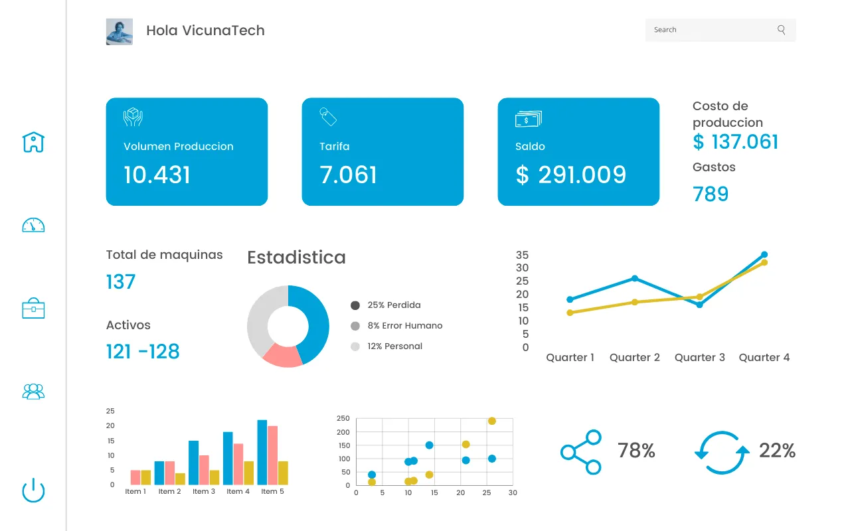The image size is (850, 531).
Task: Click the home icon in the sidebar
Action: pyautogui.click(x=33, y=141)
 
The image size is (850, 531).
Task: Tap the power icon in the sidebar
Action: pyautogui.click(x=33, y=491)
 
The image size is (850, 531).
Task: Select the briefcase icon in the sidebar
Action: pyautogui.click(x=33, y=308)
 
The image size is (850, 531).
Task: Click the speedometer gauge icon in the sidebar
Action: pyautogui.click(x=33, y=225)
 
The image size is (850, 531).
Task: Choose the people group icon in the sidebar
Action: pyautogui.click(x=33, y=391)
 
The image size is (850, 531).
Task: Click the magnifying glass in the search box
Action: pyautogui.click(x=781, y=30)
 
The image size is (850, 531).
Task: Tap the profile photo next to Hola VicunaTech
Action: pyautogui.click(x=120, y=31)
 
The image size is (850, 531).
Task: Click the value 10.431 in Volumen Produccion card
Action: pyautogui.click(x=157, y=175)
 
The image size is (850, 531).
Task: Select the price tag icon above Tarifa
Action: pyautogui.click(x=328, y=117)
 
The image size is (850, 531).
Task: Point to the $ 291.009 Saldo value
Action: pyautogui.click(x=571, y=175)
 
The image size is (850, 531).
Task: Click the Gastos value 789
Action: pyautogui.click(x=711, y=194)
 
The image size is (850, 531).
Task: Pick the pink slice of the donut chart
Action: pyautogui.click(x=282, y=356)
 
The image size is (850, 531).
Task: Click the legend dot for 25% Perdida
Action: pyautogui.click(x=355, y=305)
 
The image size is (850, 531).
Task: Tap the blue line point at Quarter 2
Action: pyautogui.click(x=635, y=278)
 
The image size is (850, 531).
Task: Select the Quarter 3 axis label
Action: pyautogui.click(x=700, y=358)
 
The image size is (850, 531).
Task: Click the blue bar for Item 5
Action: pyautogui.click(x=262, y=452)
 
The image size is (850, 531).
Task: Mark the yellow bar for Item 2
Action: pyautogui.click(x=180, y=479)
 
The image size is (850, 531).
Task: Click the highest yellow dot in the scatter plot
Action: pyautogui.click(x=492, y=421)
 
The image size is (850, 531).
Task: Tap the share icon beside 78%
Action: pyautogui.click(x=581, y=452)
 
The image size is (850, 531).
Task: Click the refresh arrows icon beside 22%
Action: pyautogui.click(x=722, y=453)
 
